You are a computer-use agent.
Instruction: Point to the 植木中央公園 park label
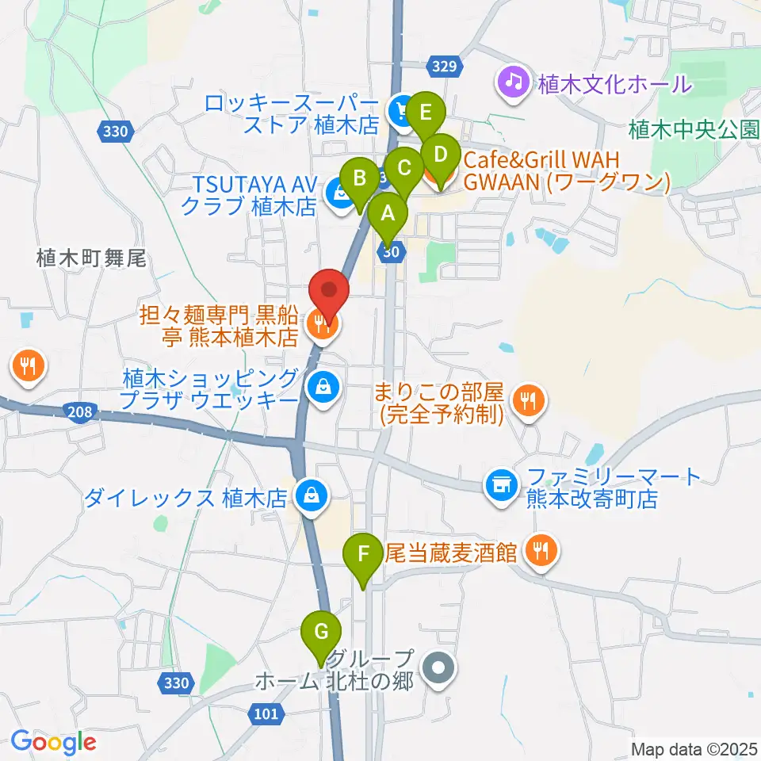694,128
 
